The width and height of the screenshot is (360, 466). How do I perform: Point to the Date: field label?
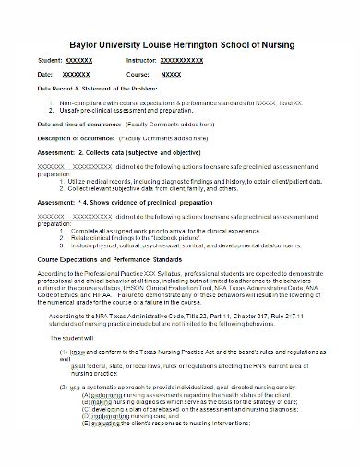[x=47, y=72]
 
